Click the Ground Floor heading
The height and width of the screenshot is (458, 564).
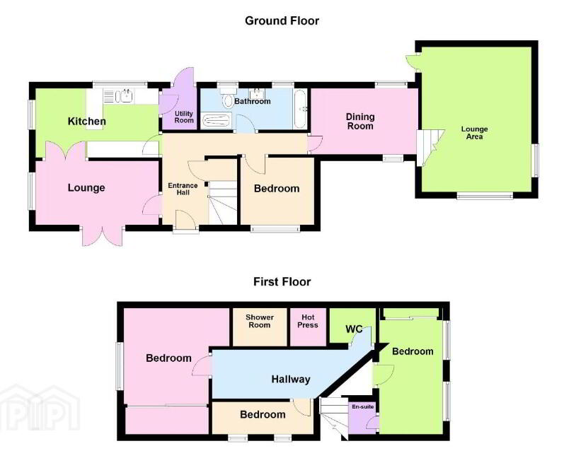click(x=282, y=20)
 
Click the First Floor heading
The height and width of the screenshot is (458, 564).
click(x=282, y=281)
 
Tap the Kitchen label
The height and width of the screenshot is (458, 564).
click(x=86, y=121)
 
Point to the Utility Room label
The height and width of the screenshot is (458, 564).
click(x=184, y=117)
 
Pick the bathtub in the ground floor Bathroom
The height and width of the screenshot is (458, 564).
click(x=300, y=110)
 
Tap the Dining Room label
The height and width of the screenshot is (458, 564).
click(x=360, y=122)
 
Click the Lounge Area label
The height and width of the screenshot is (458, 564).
click(x=474, y=133)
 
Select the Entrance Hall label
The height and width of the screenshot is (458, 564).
click(x=183, y=189)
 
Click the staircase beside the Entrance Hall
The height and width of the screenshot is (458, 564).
click(x=223, y=203)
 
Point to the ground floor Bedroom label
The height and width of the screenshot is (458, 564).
click(x=277, y=189)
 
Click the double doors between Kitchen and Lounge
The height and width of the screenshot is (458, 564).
click(x=66, y=151)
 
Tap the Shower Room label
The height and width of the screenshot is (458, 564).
click(x=260, y=321)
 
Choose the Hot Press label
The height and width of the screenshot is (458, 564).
click(x=308, y=321)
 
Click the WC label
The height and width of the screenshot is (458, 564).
click(x=354, y=329)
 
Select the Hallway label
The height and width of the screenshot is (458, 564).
click(x=291, y=380)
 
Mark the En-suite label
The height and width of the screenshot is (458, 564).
click(x=363, y=406)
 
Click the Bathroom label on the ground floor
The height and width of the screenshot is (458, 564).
click(x=253, y=101)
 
